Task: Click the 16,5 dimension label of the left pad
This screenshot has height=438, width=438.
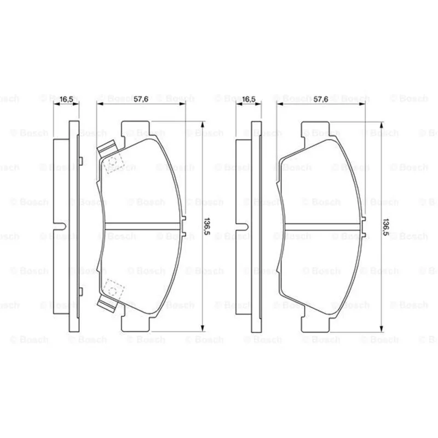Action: coord(66,99)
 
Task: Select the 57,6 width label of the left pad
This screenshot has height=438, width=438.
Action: coord(141,99)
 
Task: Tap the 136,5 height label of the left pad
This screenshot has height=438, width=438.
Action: coord(207,227)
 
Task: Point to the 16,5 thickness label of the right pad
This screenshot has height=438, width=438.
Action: coord(249,99)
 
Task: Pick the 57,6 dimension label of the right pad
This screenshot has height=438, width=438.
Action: coord(321,99)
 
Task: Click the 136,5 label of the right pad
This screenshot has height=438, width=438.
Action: coord(386,227)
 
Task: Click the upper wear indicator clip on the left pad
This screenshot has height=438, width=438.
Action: coord(106,147)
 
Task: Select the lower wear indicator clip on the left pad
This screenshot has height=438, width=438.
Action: coord(106,304)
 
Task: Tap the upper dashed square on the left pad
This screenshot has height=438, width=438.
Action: coord(113,163)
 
